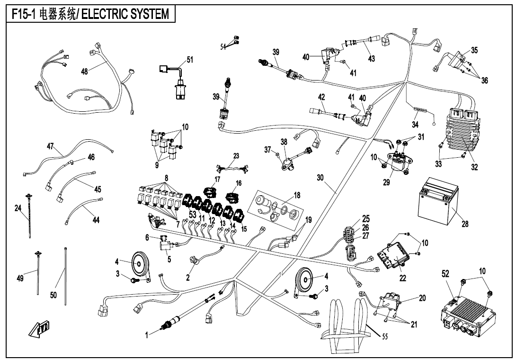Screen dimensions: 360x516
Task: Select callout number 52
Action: tap(445, 274)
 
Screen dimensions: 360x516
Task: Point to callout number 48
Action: tap(84, 71)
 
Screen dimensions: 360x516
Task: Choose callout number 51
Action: tap(190, 60)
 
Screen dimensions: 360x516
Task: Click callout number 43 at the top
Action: tap(372, 58)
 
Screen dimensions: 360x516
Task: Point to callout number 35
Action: tap(474, 50)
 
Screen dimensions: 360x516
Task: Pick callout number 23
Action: tap(236, 155)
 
